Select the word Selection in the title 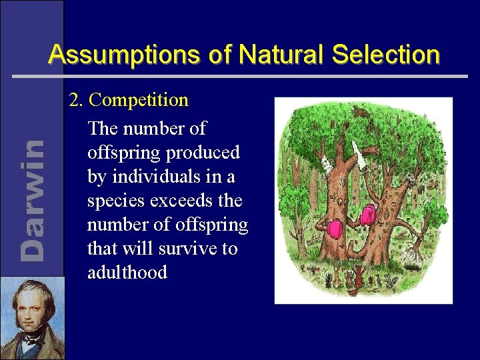point(385,55)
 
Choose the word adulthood point(127,273)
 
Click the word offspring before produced point(121,152)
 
